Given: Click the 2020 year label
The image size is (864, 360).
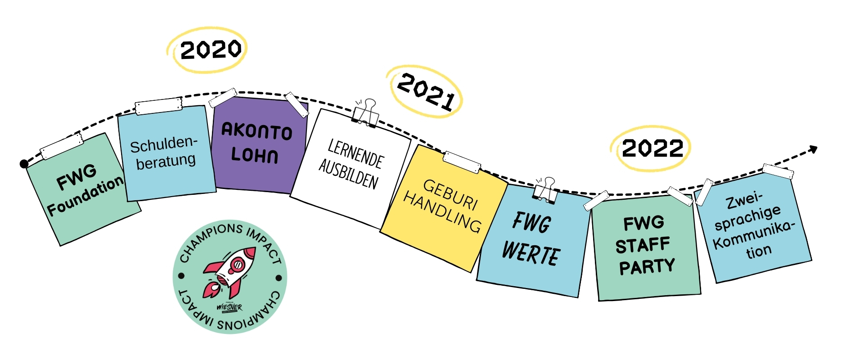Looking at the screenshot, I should click(x=210, y=49).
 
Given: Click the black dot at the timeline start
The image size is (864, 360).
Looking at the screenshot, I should click(x=24, y=164).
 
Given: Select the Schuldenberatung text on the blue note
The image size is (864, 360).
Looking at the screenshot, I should click(x=165, y=153).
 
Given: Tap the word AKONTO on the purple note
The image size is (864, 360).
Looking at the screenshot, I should click(x=257, y=131).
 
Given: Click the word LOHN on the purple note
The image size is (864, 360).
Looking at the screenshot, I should click(x=255, y=155).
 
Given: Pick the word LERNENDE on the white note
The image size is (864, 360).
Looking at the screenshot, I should click(x=355, y=154).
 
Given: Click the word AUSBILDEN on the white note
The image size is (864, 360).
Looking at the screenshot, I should click(x=349, y=174).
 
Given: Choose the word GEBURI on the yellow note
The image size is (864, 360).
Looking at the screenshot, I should click(x=450, y=194).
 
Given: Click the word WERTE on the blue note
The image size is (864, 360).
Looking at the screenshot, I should click(x=531, y=254).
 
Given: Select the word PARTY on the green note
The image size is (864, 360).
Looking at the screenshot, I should click(x=647, y=266).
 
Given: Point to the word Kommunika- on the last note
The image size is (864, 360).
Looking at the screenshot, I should click(x=754, y=234).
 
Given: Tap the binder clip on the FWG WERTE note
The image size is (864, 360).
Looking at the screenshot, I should click(x=546, y=189).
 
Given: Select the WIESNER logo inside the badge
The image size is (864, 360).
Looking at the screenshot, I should click(x=229, y=308).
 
